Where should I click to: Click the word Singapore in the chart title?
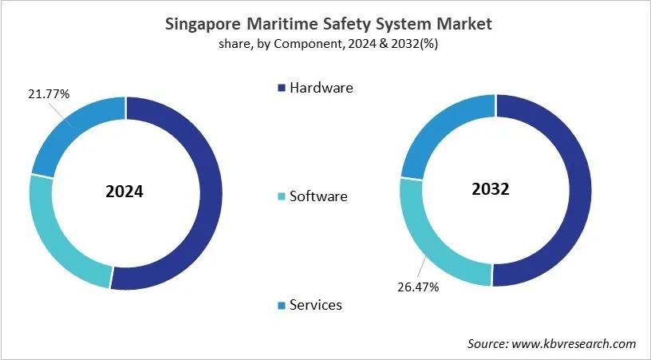pyautogui.click(x=204, y=25)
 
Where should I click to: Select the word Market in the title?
pyautogui.click(x=464, y=25)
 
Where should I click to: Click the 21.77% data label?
pyautogui.click(x=47, y=94)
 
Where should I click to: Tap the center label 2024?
pyautogui.click(x=126, y=193)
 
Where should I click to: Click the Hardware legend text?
pyautogui.click(x=322, y=88)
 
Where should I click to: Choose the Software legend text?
pyautogui.click(x=319, y=196)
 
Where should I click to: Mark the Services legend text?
pyautogui.click(x=316, y=304)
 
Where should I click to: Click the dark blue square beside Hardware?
pyautogui.click(x=280, y=89)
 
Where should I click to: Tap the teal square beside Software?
pyautogui.click(x=280, y=196)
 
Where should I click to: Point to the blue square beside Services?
pyautogui.click(x=280, y=305)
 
